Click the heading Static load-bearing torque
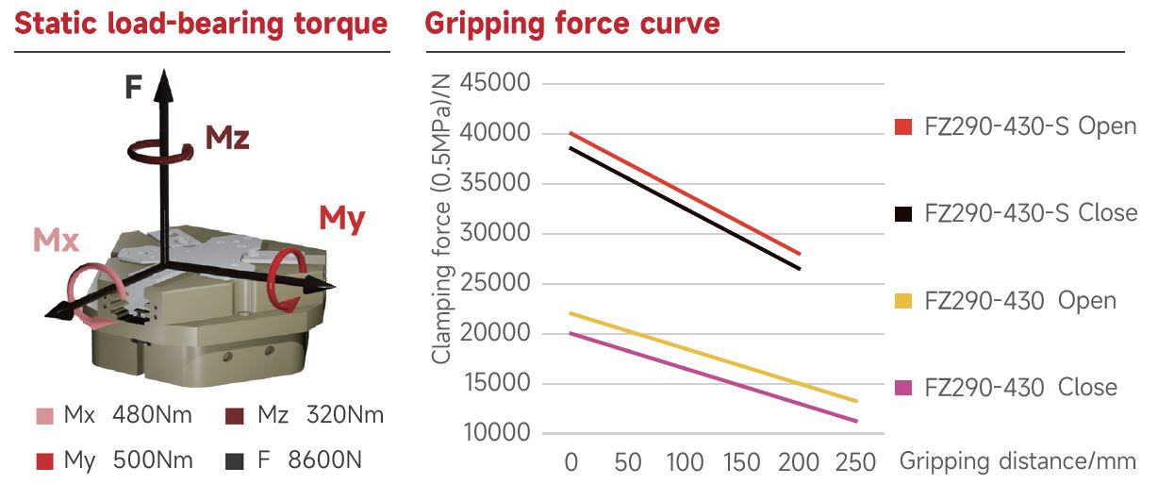coord(201,24)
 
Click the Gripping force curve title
coord(572,24)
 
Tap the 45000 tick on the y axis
coord(496,83)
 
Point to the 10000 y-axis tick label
coord(496,433)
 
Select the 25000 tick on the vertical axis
coord(496,283)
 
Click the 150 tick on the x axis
coord(742,462)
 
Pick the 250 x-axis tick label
coord(856,462)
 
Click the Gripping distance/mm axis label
coord(1017,462)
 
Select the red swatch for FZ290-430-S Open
coord(903,126)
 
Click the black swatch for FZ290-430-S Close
coord(903,213)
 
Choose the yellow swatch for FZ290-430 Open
coord(903,301)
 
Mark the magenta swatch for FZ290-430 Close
coord(903,388)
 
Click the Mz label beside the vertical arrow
coord(227,138)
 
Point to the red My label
coord(341,219)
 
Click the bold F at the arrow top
coord(134,89)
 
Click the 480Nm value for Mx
coord(153,415)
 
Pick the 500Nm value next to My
coord(153,461)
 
